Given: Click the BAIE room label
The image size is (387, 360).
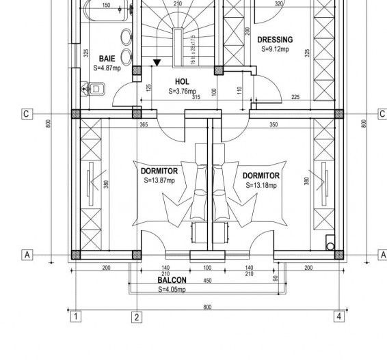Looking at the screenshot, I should tap(107, 59).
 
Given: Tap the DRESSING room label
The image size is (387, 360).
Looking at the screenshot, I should tap(275, 40).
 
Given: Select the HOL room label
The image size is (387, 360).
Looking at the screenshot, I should tap(183, 81).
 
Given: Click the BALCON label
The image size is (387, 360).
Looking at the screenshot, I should tap(171, 280).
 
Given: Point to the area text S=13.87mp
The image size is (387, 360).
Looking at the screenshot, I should tap(159, 180).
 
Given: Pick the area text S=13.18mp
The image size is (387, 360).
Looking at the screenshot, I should tap(261, 185).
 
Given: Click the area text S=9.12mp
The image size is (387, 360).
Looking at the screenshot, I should tap(273, 49).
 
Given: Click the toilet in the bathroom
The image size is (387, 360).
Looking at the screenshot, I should tap(94, 88).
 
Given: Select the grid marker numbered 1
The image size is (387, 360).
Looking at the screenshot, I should tap(77, 316).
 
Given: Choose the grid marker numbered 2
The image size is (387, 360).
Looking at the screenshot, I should tap(137, 316).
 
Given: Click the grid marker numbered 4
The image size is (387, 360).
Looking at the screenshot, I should tap(338, 316).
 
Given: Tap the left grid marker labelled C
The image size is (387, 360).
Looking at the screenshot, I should tap(26, 114).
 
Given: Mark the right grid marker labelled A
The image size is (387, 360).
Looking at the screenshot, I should tap(382, 254).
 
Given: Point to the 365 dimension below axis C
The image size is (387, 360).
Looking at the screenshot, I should tap(144, 124).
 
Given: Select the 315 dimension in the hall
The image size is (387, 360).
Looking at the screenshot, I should tap(196, 97).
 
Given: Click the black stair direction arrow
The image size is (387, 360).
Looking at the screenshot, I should tap(157, 63).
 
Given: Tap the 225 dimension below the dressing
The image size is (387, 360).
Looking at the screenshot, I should tap(295, 97).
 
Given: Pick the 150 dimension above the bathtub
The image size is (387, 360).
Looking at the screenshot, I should tap(106, 5).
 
